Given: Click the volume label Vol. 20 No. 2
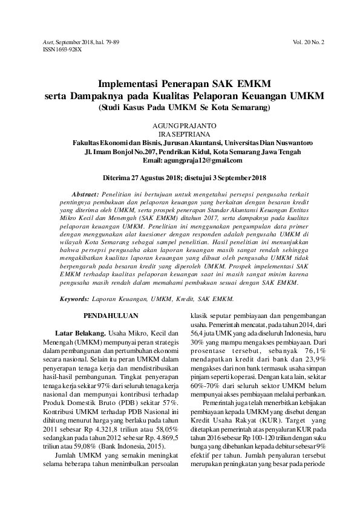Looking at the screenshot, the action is (309, 43).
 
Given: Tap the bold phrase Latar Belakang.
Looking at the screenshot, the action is (80, 333).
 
